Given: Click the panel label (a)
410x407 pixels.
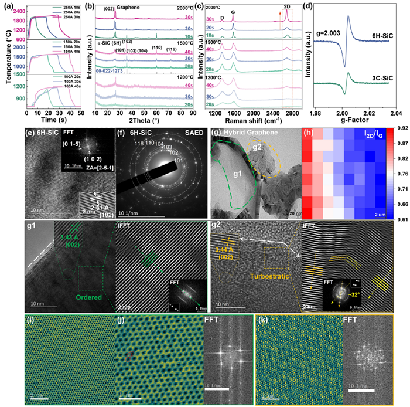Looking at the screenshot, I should point(8,7).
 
